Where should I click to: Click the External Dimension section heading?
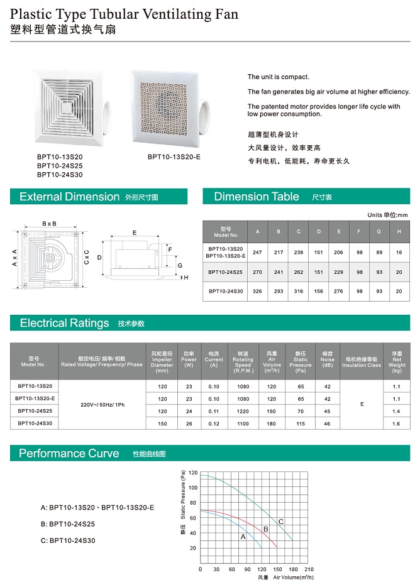pyautogui.click(x=69, y=197)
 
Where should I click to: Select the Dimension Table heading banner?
pyautogui.click(x=257, y=197)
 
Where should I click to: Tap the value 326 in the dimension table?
pyautogui.click(x=257, y=292)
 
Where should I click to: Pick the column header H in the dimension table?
pyautogui.click(x=399, y=232)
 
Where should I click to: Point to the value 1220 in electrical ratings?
pyautogui.click(x=243, y=411)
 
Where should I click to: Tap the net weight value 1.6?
pyautogui.click(x=396, y=424)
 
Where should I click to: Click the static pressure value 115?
pyautogui.click(x=301, y=424)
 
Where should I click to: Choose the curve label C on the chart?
pyautogui.click(x=281, y=522)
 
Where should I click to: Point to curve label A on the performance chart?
pyautogui.click(x=243, y=537)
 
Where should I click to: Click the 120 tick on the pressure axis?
pyautogui.click(x=192, y=473)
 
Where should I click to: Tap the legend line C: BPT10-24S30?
pyautogui.click(x=68, y=540)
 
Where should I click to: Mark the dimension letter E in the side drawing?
pyautogui.click(x=134, y=232)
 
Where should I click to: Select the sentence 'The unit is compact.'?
pyautogui.click(x=277, y=77)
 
